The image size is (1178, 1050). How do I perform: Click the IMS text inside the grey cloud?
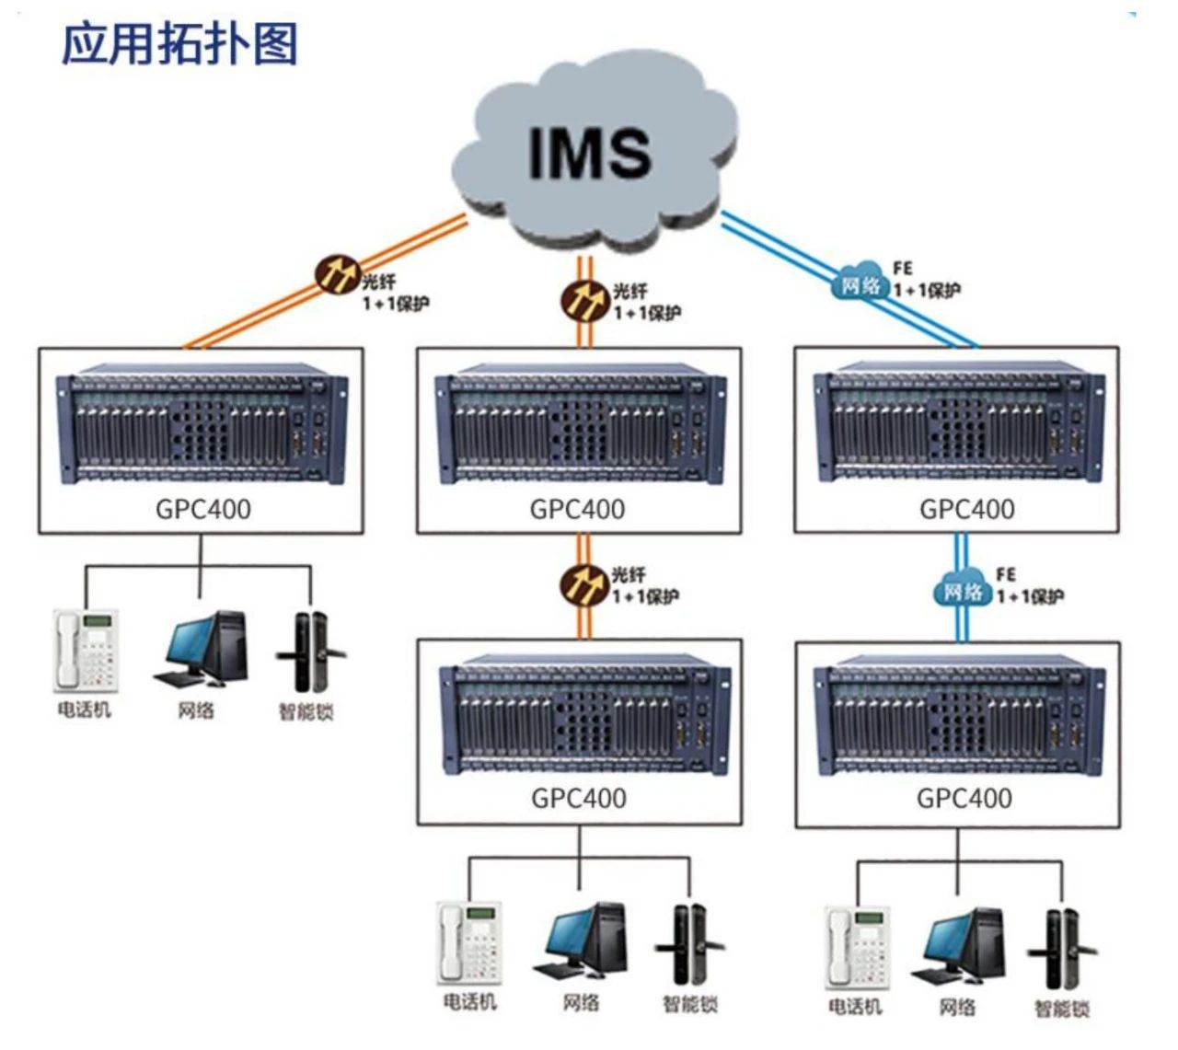click(590, 151)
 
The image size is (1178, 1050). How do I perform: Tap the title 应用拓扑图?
click(180, 43)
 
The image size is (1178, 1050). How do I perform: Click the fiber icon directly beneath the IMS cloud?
click(584, 299)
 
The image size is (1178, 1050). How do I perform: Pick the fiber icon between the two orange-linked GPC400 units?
click(584, 583)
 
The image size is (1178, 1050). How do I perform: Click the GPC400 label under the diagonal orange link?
click(202, 509)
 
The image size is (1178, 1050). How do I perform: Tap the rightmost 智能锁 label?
click(1062, 1009)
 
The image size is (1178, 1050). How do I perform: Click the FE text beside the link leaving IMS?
click(903, 268)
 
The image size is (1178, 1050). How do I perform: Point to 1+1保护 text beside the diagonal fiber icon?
click(396, 304)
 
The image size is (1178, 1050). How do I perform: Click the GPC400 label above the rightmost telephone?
click(964, 797)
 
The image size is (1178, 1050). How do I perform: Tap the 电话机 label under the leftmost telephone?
click(85, 710)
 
